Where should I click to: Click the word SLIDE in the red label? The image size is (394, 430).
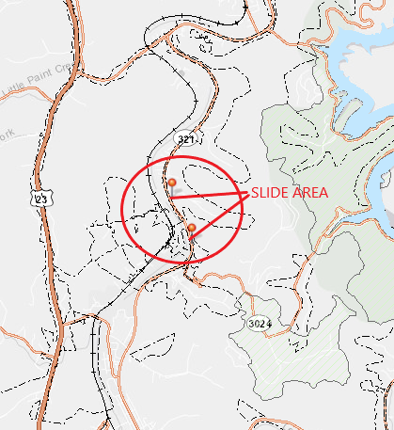pyautogui.click(x=270, y=192)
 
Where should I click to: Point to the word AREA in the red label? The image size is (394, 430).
pyautogui.click(x=311, y=192)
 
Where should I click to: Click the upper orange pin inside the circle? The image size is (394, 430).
pyautogui.click(x=171, y=183)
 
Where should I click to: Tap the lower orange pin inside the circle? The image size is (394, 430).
pyautogui.click(x=192, y=229)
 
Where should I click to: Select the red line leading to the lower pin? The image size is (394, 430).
pyautogui.click(x=222, y=212)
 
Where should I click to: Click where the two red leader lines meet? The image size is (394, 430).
pyautogui.click(x=247, y=193)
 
